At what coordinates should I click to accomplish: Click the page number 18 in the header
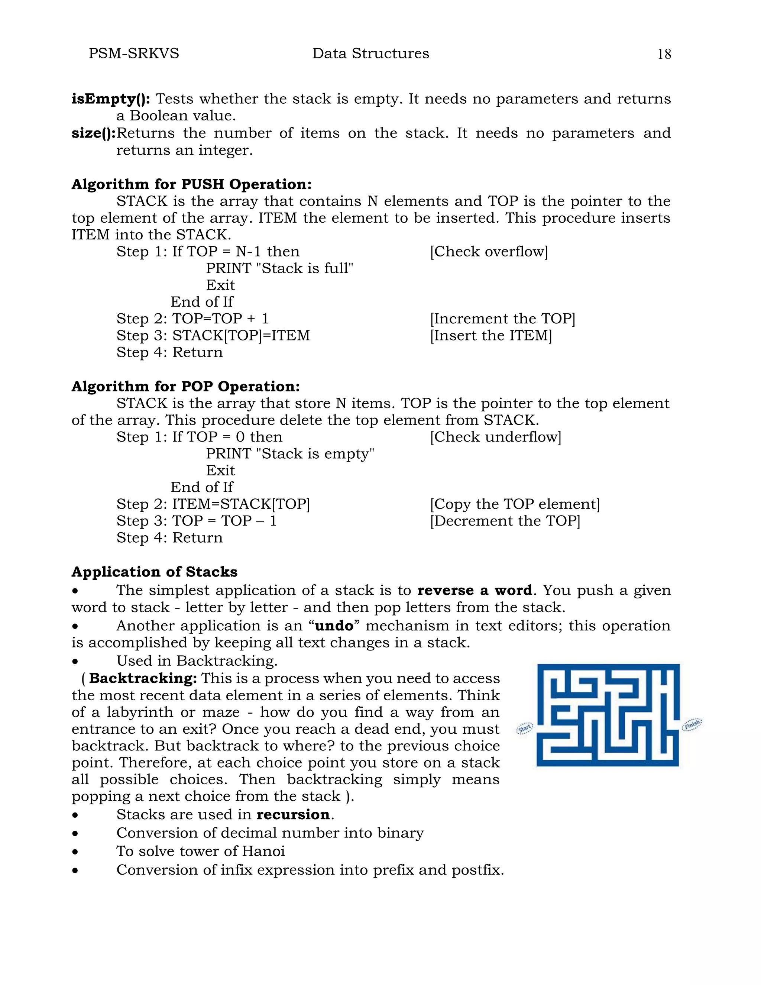click(664, 54)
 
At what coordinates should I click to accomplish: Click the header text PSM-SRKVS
click(134, 53)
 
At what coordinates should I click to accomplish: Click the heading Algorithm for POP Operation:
click(186, 386)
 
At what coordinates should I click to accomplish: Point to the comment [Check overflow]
click(489, 251)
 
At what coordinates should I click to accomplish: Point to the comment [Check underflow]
click(495, 437)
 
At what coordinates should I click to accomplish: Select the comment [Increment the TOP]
click(503, 319)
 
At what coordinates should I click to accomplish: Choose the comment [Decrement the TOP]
click(505, 520)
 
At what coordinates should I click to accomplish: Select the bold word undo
click(334, 626)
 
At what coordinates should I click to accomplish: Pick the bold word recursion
click(294, 814)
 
